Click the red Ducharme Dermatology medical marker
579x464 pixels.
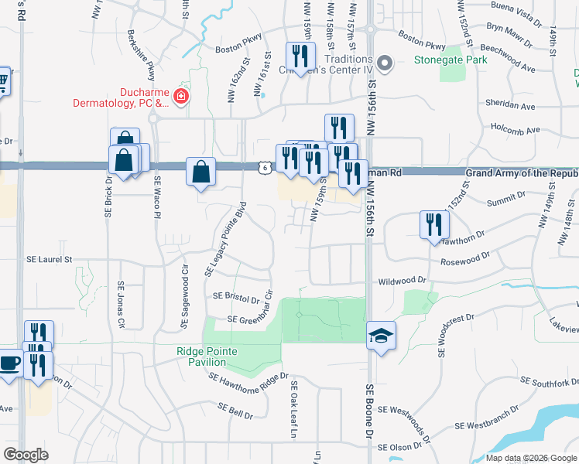181,97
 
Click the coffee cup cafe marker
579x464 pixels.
9,363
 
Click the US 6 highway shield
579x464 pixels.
266,167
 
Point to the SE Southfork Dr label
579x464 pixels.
550,381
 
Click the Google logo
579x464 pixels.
26,455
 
